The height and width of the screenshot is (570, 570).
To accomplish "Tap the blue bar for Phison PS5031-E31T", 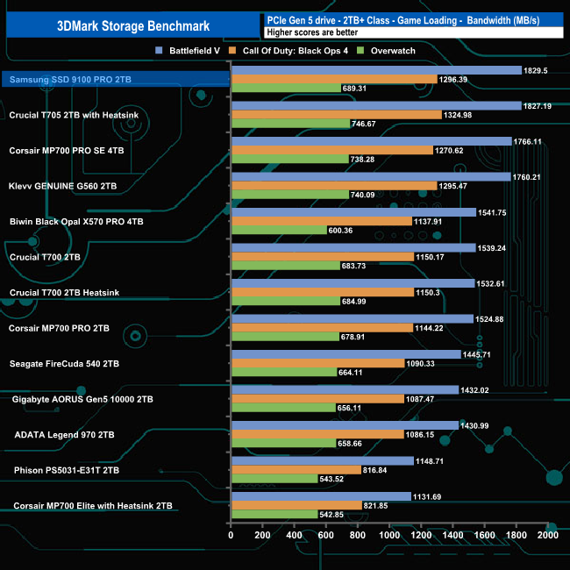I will (321, 460).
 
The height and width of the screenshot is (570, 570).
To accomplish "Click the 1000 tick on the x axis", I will (388, 535).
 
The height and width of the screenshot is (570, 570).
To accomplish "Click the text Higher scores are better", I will (303, 32).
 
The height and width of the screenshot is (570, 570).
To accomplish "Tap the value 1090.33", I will (423, 363).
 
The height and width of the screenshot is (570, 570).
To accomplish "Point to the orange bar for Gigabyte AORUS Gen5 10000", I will (317, 399).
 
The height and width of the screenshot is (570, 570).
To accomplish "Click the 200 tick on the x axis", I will (262, 535).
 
